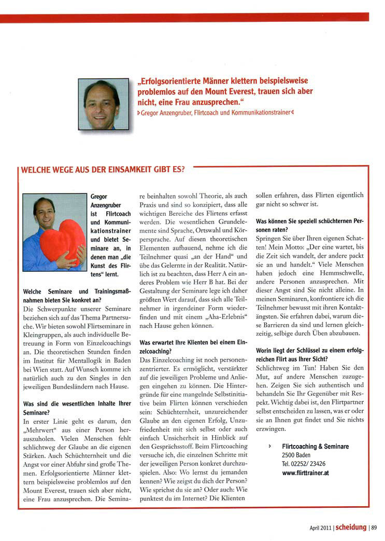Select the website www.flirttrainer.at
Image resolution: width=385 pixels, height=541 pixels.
pos(305,473)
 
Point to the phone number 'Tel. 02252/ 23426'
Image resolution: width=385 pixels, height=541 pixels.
pos(304,464)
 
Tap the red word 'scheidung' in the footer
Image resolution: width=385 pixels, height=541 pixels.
pos(351,528)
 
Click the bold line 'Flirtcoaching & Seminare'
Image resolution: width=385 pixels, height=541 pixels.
pos(315,447)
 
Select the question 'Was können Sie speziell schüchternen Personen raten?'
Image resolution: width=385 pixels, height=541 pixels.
pos(309,224)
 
